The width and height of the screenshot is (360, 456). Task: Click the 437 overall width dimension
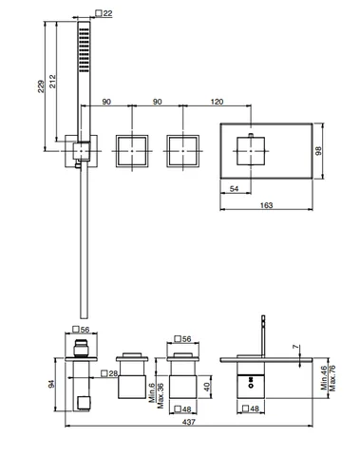coord(189,422)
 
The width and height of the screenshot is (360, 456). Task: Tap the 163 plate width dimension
coord(266,205)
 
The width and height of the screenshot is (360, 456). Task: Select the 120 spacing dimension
coord(217,102)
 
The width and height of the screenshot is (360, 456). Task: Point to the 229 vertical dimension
coord(41,86)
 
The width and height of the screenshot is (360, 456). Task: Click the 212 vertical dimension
coord(52,81)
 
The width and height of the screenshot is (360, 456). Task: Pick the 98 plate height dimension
coord(318,151)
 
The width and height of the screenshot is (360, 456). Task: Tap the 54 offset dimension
coord(234,189)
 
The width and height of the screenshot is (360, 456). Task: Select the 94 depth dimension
coord(51,384)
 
